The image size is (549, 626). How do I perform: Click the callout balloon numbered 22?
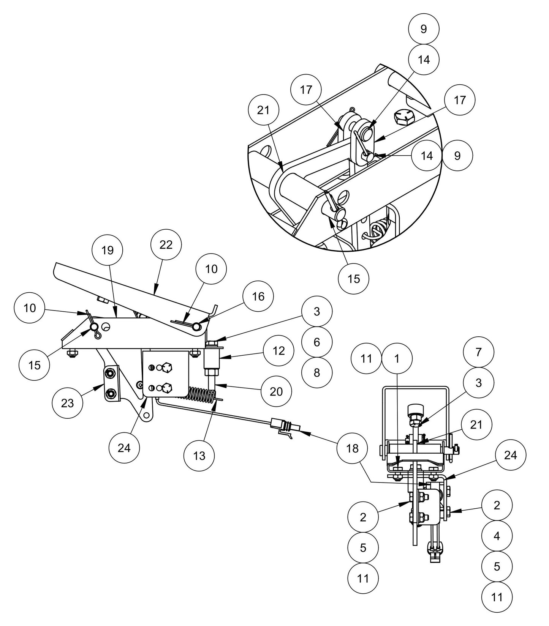(x=166, y=245)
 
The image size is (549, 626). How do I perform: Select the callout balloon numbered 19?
(x=108, y=250)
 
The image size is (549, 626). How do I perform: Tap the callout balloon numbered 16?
(x=258, y=296)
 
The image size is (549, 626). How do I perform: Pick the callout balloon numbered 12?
(x=279, y=350)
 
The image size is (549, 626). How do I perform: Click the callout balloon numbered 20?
(x=276, y=391)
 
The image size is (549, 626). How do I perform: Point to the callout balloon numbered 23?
(x=68, y=403)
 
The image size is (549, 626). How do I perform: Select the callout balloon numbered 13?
(x=199, y=456)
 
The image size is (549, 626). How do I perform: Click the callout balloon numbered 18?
(x=353, y=448)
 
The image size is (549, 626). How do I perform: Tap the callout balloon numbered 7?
(x=479, y=352)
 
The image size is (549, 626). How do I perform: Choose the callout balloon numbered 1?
(x=397, y=358)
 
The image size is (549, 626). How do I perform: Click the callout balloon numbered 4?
(x=497, y=536)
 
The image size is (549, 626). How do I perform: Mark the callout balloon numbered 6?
(x=317, y=342)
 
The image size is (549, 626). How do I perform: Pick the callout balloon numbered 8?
(x=317, y=372)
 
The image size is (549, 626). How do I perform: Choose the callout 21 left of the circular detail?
(x=263, y=110)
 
